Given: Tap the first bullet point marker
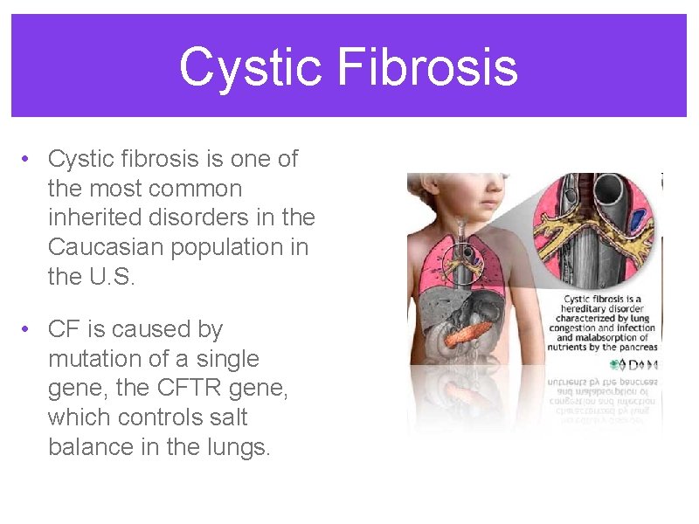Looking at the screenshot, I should click(29, 159).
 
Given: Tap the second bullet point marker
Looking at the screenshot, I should click(29, 329).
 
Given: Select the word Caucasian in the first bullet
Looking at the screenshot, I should click(106, 247).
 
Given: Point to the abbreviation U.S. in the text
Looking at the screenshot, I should click(114, 277).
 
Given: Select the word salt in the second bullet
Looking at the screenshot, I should click(225, 417).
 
